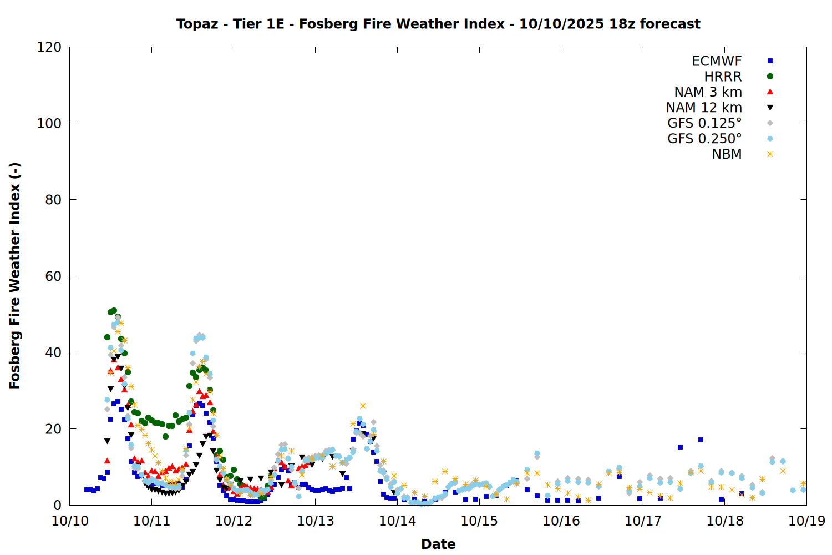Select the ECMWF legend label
coord(717,61)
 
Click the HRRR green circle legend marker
coord(770,77)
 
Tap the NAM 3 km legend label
coord(708,92)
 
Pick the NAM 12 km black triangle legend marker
coord(770,108)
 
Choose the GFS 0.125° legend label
coord(704,123)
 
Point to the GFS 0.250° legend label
coord(704,139)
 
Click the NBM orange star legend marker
coord(770,154)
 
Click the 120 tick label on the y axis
coord(49,47)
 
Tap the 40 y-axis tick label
coord(53,352)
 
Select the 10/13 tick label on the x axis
coord(315,521)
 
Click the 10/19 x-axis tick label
coord(806,521)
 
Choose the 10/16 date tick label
coord(561,521)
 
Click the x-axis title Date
coord(438,544)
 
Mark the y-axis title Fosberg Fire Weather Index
coord(15,276)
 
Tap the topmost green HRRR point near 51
coord(114,311)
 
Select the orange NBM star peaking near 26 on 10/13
coord(363,406)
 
